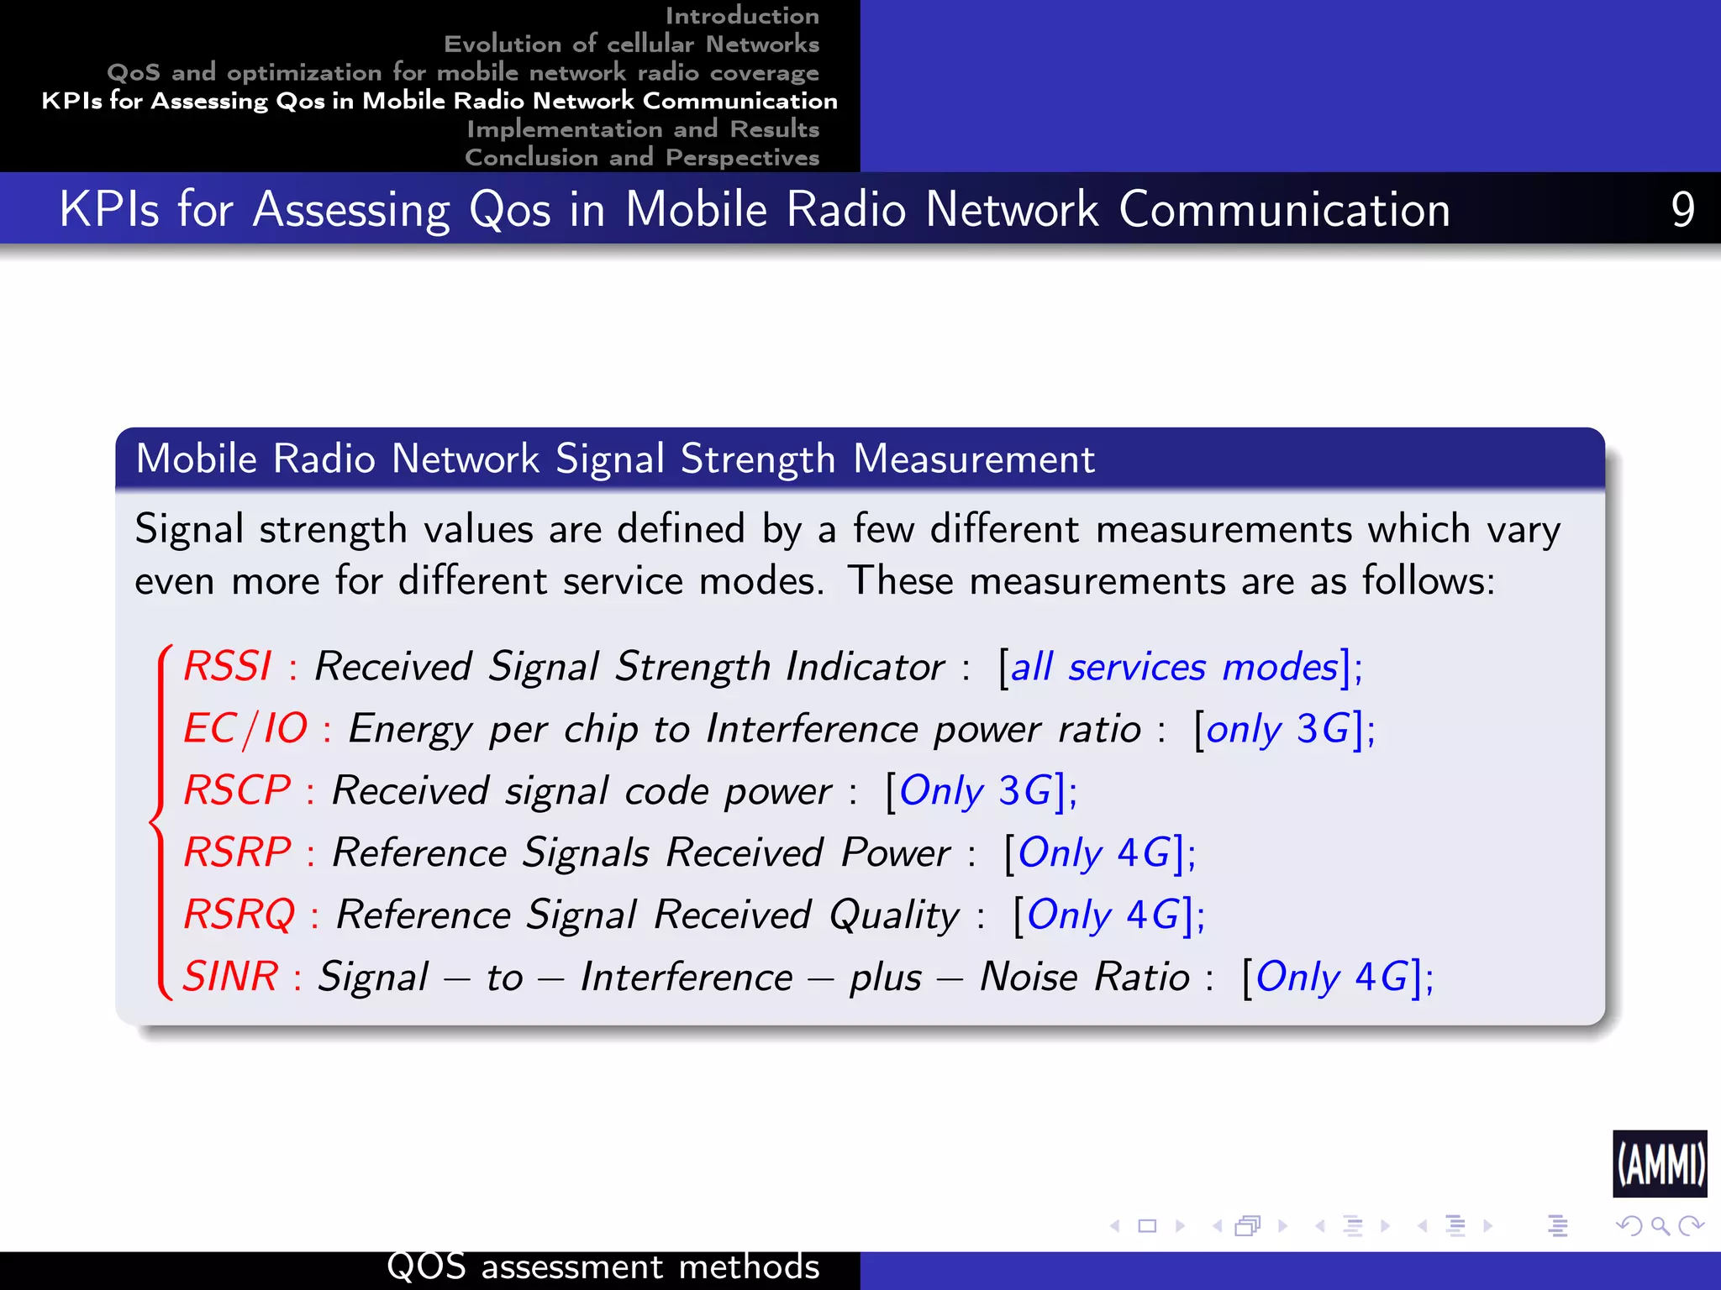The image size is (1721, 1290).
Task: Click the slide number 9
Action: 1682,209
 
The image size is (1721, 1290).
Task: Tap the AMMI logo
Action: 1660,1164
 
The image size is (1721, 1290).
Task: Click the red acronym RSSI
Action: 228,667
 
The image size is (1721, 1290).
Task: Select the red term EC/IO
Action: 245,729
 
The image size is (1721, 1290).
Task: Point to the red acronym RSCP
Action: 237,790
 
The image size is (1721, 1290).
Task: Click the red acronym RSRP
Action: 238,852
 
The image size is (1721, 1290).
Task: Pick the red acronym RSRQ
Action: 239,915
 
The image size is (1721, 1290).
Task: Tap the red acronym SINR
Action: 230,977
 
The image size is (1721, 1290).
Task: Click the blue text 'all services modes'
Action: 1174,668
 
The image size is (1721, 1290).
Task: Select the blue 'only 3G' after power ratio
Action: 1277,729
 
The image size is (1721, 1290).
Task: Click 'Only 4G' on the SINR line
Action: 1332,977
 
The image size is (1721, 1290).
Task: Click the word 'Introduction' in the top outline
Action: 742,15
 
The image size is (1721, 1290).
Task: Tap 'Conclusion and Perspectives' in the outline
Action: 642,157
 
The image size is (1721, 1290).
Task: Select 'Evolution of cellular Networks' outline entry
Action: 631,44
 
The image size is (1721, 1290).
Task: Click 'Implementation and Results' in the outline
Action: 643,128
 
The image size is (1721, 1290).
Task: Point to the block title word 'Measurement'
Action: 974,459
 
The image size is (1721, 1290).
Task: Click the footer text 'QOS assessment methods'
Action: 603,1266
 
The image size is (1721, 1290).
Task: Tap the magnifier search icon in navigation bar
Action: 1660,1226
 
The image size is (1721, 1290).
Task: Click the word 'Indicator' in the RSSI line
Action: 866,668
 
